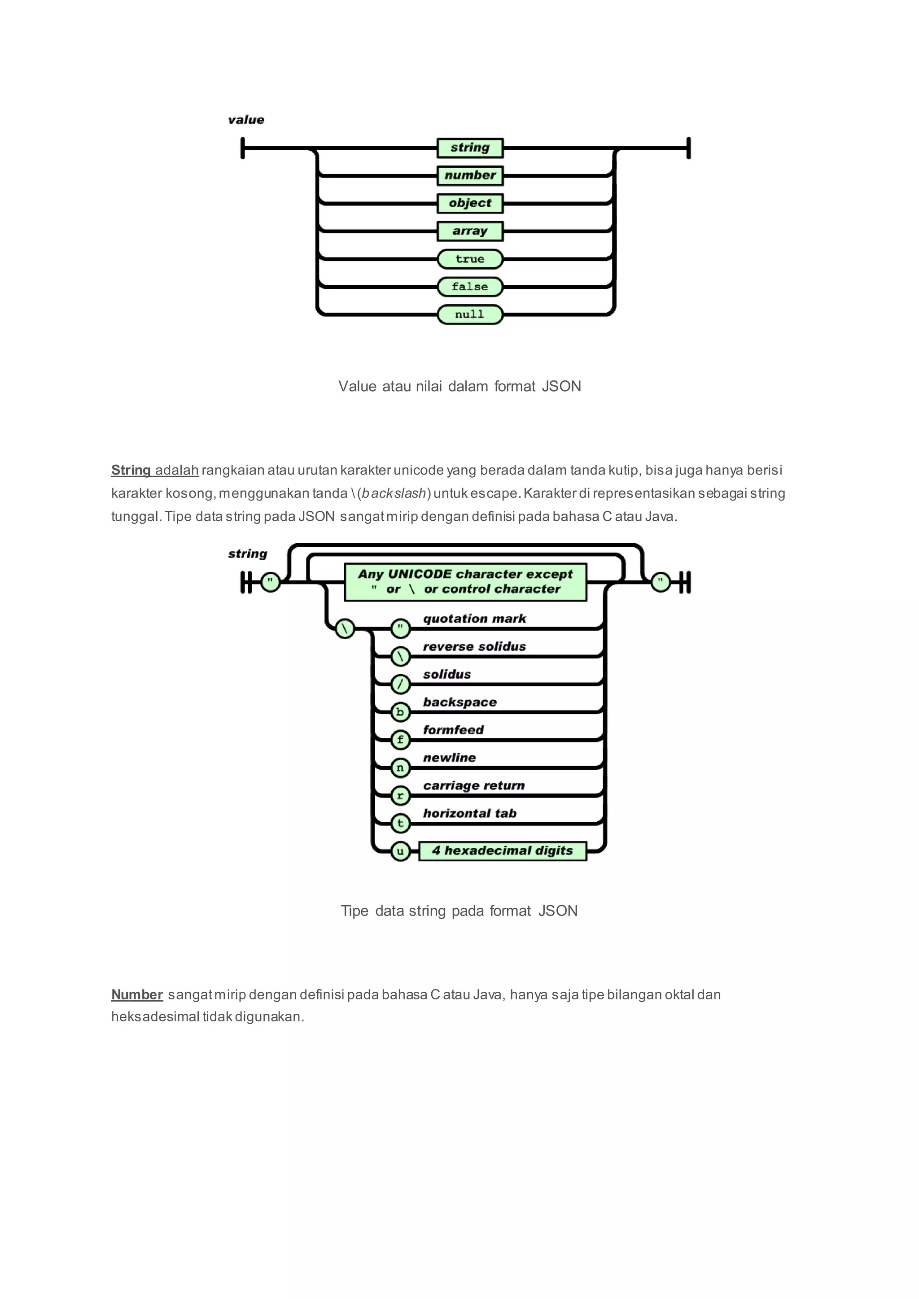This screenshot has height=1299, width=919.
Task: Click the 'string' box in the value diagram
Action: (x=470, y=148)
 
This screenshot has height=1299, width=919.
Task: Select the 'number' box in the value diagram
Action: (x=470, y=175)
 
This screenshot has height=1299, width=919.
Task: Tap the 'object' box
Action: (x=470, y=203)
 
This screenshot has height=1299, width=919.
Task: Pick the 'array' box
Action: (x=470, y=231)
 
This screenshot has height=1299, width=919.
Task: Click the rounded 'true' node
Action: (x=470, y=258)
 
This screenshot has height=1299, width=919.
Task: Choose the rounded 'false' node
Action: (x=470, y=286)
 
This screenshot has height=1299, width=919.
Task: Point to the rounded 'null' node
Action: (x=470, y=314)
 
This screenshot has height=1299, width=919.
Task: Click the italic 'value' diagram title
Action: (x=246, y=120)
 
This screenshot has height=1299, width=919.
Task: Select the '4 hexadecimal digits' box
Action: (x=503, y=851)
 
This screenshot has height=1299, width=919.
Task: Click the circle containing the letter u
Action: (x=400, y=851)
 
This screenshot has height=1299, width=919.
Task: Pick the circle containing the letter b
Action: (x=400, y=712)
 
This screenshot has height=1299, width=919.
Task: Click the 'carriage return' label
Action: (x=474, y=785)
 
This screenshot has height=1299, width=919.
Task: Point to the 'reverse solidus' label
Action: (x=474, y=646)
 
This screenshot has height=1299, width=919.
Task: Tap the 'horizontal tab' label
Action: (x=470, y=813)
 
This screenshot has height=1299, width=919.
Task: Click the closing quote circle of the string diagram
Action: (x=661, y=582)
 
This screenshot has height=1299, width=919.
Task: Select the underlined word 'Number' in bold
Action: (x=137, y=994)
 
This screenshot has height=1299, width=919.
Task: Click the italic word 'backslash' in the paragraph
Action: (x=394, y=493)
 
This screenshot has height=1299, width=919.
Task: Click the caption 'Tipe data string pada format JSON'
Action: (x=459, y=911)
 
